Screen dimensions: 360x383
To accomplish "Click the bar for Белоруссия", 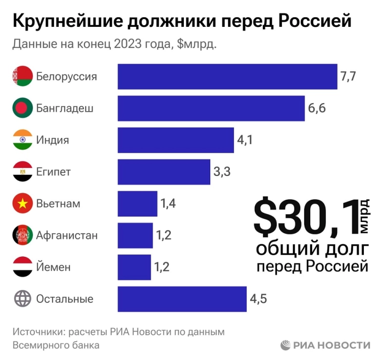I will point(227,77).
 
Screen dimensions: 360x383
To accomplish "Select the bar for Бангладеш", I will point(211,108).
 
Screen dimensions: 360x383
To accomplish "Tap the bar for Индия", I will point(176,140).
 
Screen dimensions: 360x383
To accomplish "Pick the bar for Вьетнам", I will point(137,204).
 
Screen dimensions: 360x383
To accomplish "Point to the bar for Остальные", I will point(182,299).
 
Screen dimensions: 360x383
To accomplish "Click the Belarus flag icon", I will point(22,77).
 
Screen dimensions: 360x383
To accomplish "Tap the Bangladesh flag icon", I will point(22,108).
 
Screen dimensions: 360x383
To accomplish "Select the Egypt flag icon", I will point(22,172).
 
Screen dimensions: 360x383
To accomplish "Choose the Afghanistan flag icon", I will point(22,235).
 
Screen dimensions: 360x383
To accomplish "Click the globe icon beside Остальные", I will point(22,299).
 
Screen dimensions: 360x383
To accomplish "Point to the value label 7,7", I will point(349,77).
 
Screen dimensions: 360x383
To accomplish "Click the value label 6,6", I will point(316,108).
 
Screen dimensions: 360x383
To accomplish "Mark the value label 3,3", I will point(222,172).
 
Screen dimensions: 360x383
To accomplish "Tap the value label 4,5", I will point(258,299).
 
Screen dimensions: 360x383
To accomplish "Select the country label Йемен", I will point(53,267).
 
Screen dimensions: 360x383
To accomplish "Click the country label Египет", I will point(53,172).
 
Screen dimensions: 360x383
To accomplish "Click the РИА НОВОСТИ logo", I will point(325,345).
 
